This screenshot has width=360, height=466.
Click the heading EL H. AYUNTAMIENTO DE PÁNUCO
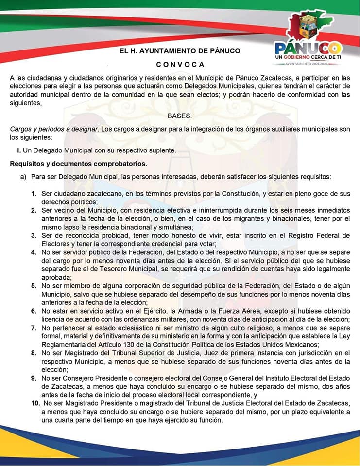[180, 50]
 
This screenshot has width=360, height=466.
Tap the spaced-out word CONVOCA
[180, 65]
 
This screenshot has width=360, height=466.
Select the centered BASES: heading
[180, 116]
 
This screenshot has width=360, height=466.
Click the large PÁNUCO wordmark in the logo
[308, 48]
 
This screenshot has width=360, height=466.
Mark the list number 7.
[34, 328]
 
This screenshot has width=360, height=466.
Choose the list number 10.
[35, 403]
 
